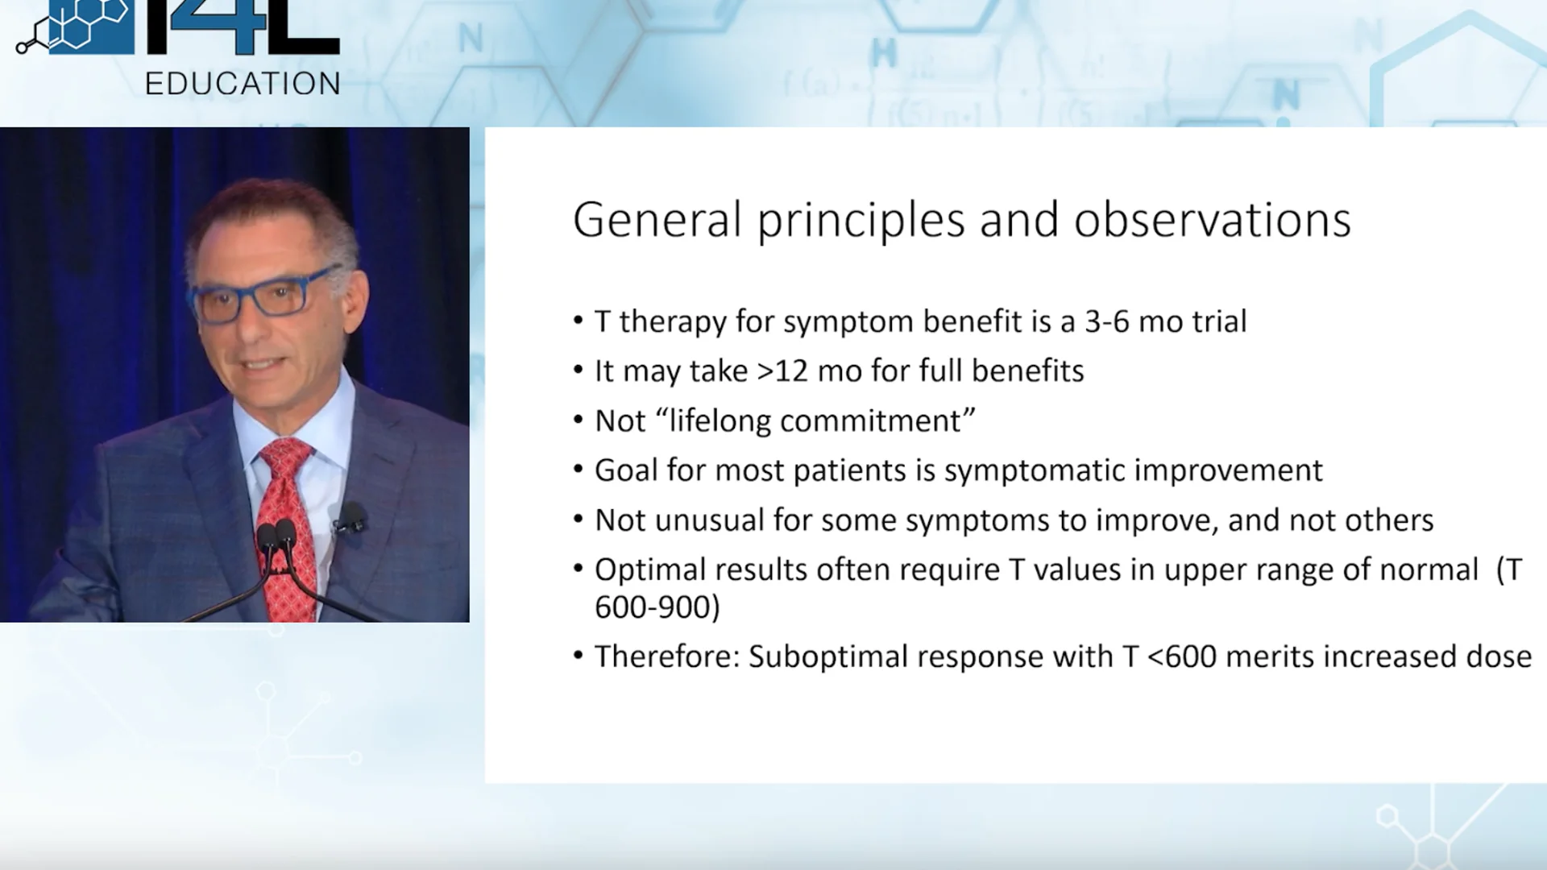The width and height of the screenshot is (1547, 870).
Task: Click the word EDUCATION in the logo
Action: [x=243, y=84]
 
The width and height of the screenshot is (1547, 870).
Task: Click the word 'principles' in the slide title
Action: [x=861, y=221]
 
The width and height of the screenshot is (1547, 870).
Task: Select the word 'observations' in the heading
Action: [x=1213, y=220]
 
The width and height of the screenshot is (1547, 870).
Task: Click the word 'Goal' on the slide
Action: [x=626, y=470]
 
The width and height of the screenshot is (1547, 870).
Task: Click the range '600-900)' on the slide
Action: [x=657, y=607]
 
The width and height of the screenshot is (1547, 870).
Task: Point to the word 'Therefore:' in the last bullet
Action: [x=667, y=657]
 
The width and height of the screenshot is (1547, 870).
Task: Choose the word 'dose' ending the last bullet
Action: [x=1499, y=657]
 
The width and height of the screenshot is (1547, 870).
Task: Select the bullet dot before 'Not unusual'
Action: [x=578, y=519]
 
